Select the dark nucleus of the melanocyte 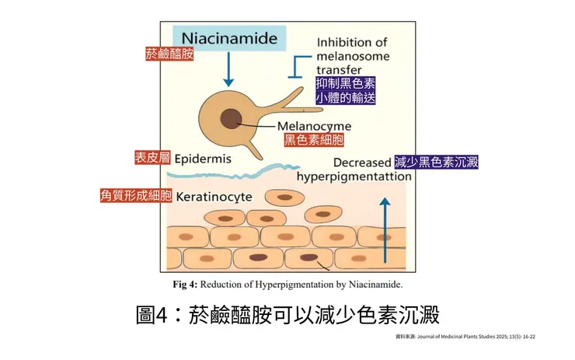[231, 119]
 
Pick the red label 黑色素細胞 [314, 141]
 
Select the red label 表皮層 [152, 158]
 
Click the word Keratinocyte [214, 196]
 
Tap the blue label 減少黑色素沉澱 [436, 162]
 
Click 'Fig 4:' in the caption [185, 284]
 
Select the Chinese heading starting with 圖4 [287, 316]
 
